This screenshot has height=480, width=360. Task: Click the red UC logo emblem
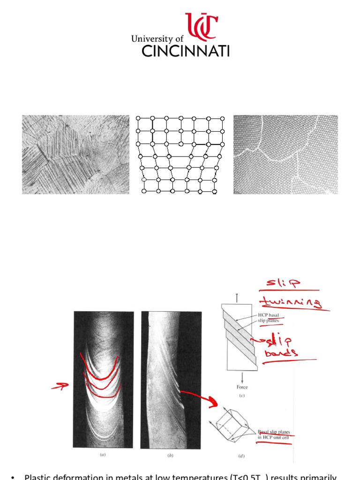201,26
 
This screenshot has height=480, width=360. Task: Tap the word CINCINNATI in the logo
185,51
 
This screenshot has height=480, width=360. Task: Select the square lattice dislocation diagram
180,154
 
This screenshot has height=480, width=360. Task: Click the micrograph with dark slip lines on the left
75,154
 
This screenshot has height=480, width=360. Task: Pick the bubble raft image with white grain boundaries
285,154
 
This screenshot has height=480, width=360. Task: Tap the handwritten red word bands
281,353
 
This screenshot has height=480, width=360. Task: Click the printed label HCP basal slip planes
270,317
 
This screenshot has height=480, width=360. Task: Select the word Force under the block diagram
242,387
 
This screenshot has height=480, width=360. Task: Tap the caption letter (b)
170,454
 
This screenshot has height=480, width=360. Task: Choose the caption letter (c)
242,396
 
